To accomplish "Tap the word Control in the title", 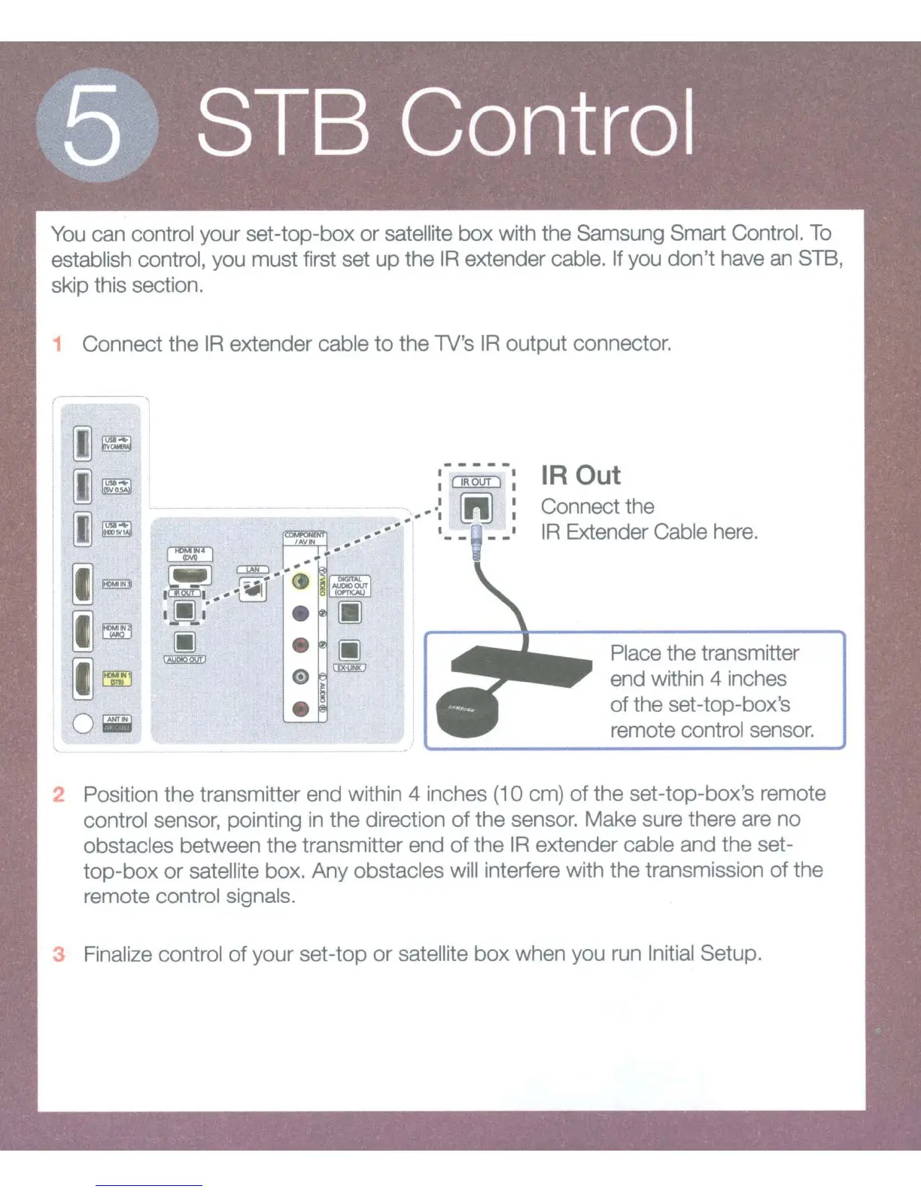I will point(547,122).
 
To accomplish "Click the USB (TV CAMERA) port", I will point(83,443).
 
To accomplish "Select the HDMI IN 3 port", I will point(83,584).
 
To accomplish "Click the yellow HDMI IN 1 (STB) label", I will point(117,679).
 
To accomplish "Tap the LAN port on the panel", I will point(253,589).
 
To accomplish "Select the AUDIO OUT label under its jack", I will point(185,659).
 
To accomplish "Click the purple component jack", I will point(300,613).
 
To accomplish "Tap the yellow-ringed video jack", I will point(300,582).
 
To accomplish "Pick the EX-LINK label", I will point(349,667).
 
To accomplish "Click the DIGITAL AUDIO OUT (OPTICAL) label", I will point(350,585).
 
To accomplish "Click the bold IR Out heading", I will point(580,476).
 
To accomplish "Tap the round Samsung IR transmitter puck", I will point(467,713).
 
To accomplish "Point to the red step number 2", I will point(59,795).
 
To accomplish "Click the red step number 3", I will point(59,954).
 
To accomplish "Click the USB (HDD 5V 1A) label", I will point(117,529).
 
